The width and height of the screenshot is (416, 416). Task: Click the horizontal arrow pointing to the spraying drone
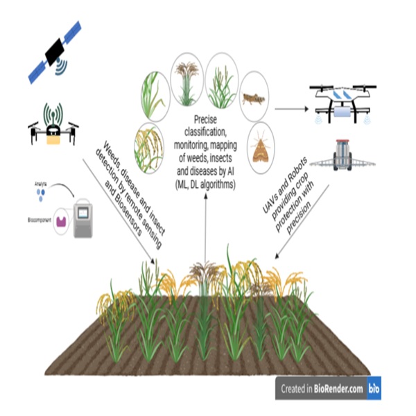pyautogui.click(x=290, y=109)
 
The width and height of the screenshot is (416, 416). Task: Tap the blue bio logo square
pyautogui.click(x=374, y=389)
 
